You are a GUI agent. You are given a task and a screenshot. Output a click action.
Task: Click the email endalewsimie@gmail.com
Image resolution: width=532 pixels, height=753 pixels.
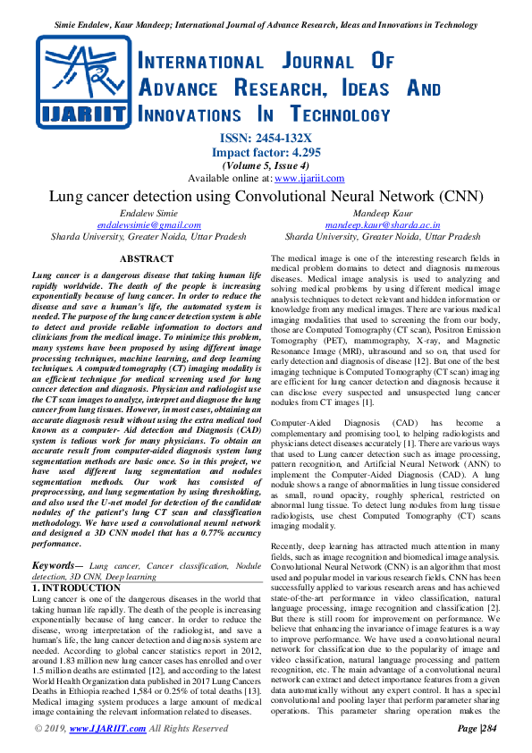click(x=149, y=225)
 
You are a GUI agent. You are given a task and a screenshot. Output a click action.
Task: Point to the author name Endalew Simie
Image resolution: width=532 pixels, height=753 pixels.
click(x=149, y=214)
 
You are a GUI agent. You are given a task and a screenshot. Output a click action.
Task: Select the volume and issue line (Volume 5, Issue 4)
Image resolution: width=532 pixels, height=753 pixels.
click(x=266, y=165)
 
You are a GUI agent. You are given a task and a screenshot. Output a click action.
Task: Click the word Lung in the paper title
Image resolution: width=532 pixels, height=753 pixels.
click(x=63, y=196)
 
